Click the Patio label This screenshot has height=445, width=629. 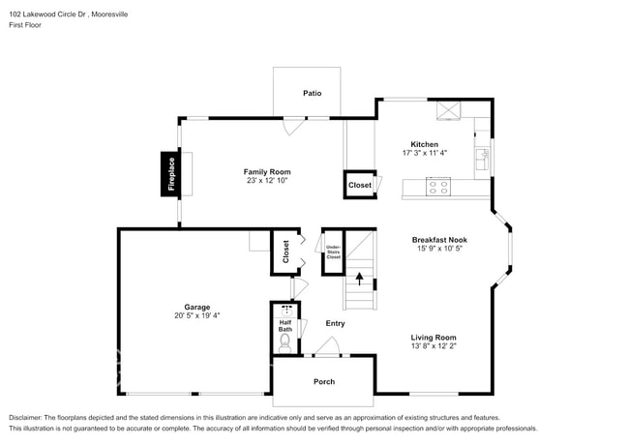coord(312,94)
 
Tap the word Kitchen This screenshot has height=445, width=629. coord(426,144)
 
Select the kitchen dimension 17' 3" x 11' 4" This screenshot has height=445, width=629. coord(426,154)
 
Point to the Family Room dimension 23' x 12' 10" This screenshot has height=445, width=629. coord(267,181)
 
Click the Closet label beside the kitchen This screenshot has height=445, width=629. coord(360,185)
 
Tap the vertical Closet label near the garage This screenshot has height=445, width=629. coord(285,251)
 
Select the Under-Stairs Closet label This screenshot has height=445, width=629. coord(333,252)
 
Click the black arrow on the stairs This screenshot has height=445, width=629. coord(360,280)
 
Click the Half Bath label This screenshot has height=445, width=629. coord(285,326)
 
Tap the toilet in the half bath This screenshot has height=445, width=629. coord(285,342)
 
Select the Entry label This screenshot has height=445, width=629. coord(335,323)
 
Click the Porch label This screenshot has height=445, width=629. coord(323,381)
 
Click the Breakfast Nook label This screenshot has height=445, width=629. coord(439,239)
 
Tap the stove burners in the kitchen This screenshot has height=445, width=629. coord(437,185)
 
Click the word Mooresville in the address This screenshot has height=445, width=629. coord(105,15)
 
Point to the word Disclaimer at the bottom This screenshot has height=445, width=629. coord(29,417)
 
